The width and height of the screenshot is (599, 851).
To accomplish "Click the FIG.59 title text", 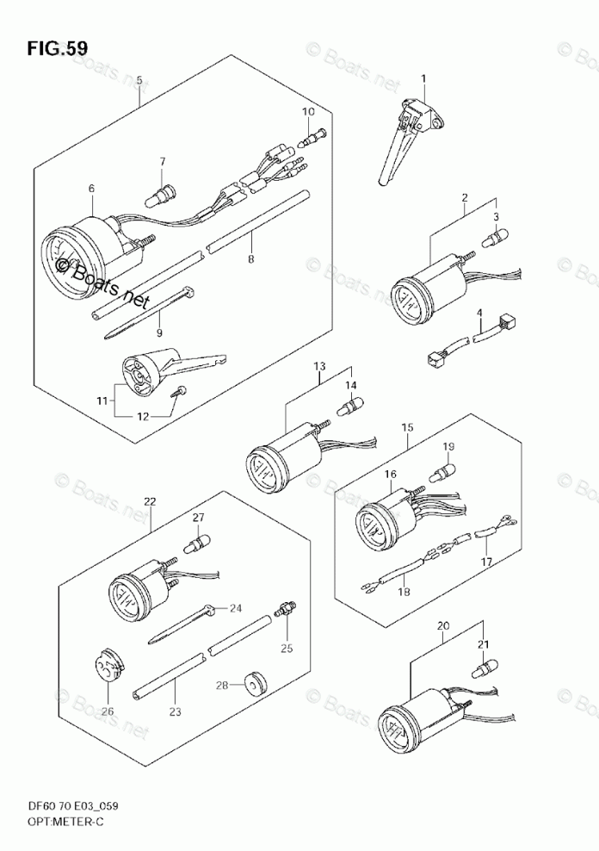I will pyautogui.click(x=58, y=48).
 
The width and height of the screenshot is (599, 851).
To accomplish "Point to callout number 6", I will pyautogui.click(x=90, y=187).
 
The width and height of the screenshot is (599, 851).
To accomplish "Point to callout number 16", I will pyautogui.click(x=390, y=474).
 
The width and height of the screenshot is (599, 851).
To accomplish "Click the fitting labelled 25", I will pyautogui.click(x=285, y=612).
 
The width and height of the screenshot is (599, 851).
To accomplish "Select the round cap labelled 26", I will pyautogui.click(x=107, y=668).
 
